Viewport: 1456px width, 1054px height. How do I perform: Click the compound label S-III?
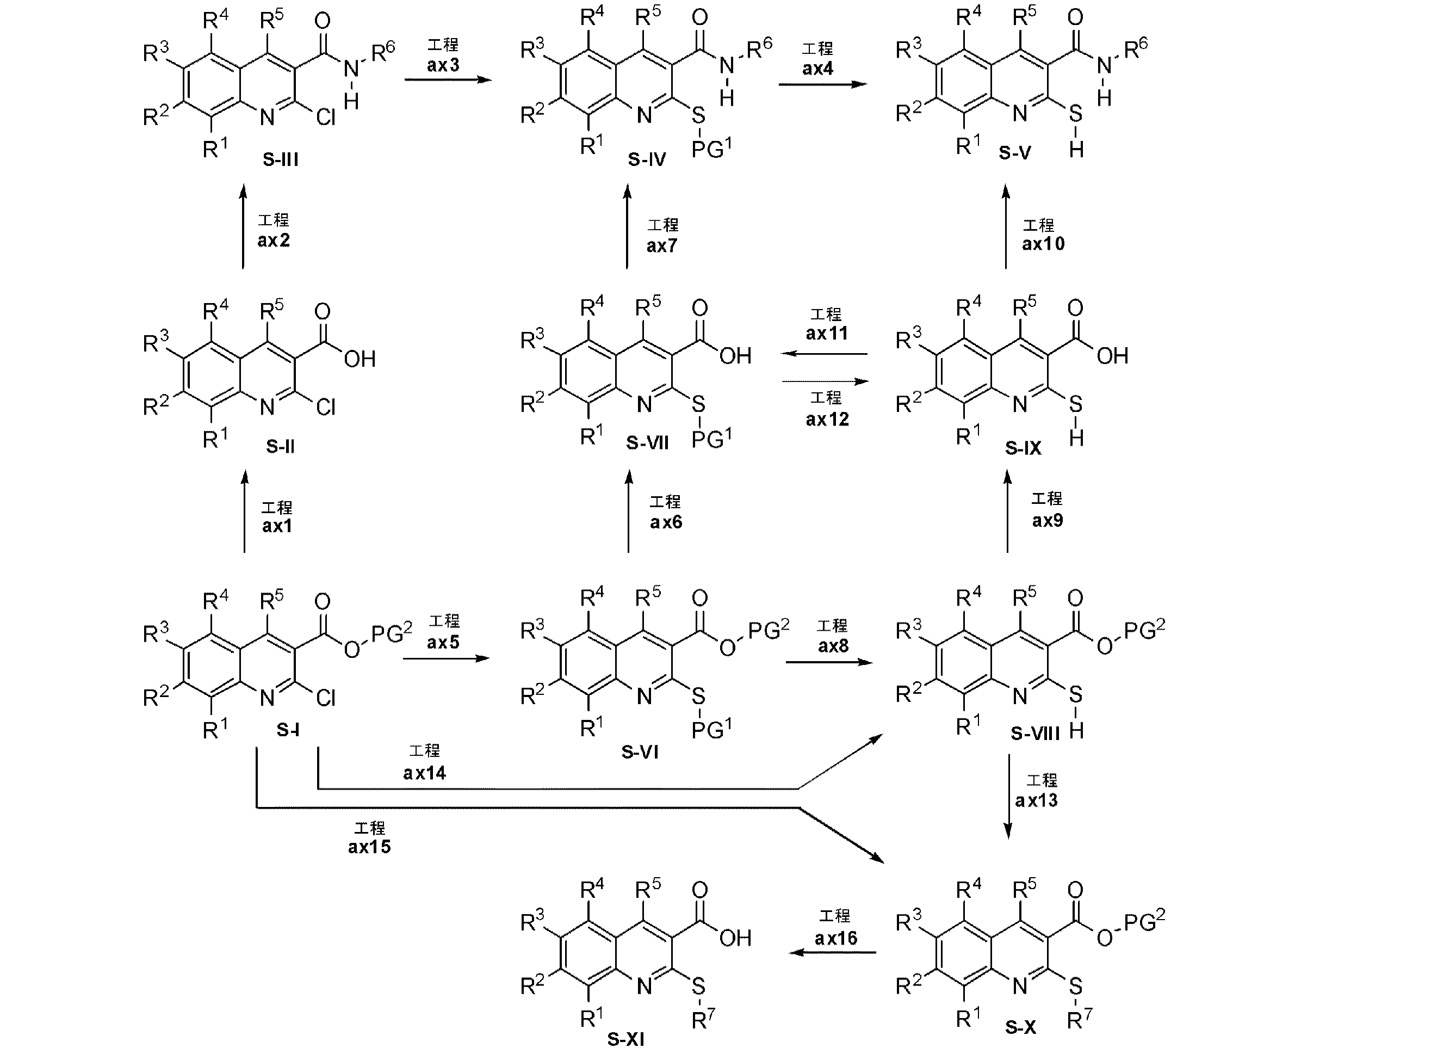click(281, 159)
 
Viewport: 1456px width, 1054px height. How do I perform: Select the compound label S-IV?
click(647, 159)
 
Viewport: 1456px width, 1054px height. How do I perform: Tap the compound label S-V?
click(1014, 153)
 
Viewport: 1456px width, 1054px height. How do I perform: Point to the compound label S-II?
click(281, 446)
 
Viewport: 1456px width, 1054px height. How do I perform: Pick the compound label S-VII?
click(647, 442)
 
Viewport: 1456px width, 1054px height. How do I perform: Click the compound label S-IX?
click(1023, 448)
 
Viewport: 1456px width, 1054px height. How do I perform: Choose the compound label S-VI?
click(640, 751)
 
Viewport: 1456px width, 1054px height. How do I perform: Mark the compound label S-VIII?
click(1035, 733)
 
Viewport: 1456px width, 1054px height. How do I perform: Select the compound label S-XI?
click(626, 1039)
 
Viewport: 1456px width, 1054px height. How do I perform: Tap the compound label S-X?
click(1021, 1028)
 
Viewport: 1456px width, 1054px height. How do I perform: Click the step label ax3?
click(443, 65)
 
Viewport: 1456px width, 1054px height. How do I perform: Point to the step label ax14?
click(424, 773)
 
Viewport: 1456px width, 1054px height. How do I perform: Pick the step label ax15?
click(369, 847)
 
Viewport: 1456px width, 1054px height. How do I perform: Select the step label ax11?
click(827, 334)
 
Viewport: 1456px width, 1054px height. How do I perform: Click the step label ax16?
click(836, 939)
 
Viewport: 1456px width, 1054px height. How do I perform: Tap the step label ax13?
click(1036, 800)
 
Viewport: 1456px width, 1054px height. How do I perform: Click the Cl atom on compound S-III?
click(326, 117)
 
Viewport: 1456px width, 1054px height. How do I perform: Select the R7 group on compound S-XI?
click(703, 1019)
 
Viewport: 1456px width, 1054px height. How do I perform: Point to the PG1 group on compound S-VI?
click(711, 729)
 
